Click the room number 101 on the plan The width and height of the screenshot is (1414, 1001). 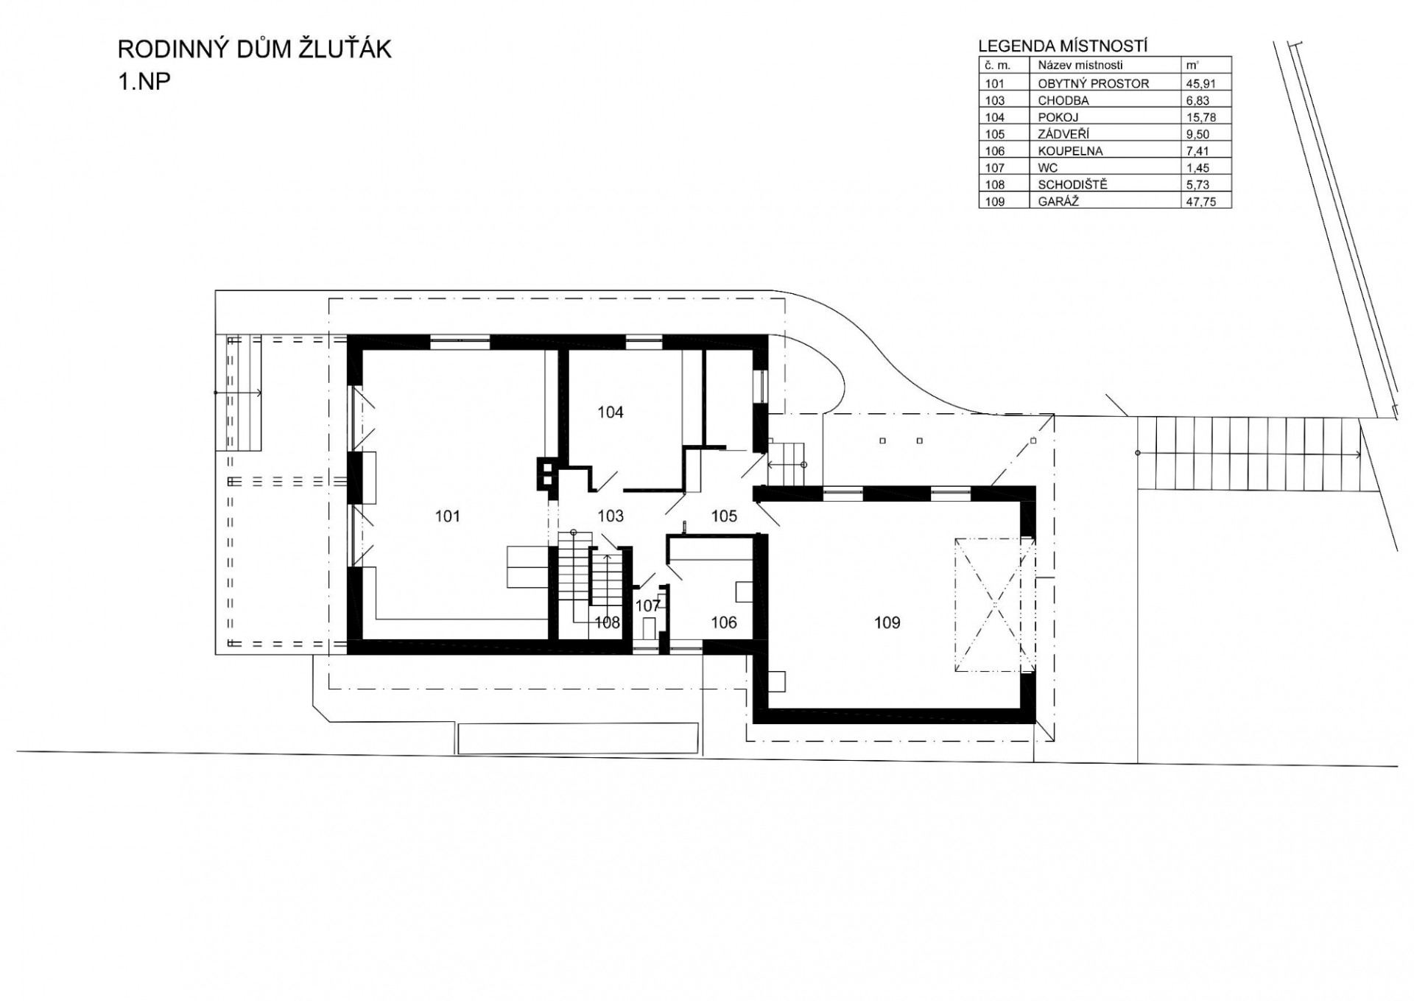[447, 516]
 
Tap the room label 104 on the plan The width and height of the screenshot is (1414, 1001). [611, 412]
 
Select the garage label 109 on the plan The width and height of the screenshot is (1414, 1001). [887, 623]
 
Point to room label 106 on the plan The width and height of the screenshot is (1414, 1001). [724, 623]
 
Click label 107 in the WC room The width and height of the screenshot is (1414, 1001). [648, 606]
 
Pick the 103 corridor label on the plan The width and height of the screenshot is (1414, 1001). [611, 516]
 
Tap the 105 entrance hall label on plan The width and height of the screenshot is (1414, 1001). [724, 516]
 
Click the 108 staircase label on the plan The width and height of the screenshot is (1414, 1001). [608, 623]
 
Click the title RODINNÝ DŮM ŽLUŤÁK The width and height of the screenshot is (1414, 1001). [255, 49]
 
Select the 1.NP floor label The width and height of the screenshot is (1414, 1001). [144, 81]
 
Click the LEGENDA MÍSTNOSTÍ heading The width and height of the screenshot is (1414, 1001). [1063, 46]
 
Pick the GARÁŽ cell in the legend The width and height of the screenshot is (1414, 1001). [1058, 200]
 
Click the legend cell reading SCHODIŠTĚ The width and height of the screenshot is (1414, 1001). [1072, 184]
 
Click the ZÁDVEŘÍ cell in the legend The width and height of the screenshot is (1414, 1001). [1063, 134]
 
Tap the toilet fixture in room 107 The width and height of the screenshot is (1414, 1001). [650, 628]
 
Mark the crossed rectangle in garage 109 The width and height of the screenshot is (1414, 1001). [994, 605]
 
